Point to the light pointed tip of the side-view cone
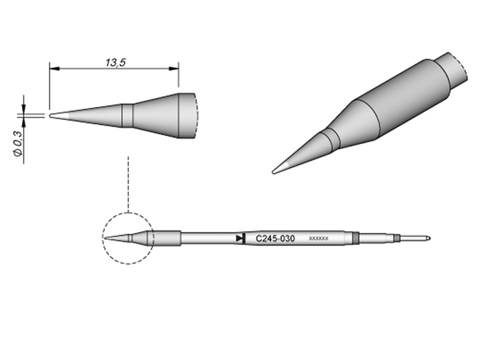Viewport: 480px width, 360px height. (x=56, y=115)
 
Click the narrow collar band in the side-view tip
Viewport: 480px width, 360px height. (x=127, y=115)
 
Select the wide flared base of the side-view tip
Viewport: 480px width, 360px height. (x=185, y=115)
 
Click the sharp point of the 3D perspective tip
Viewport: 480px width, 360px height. (x=274, y=171)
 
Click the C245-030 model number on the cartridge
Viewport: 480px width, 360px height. (x=275, y=239)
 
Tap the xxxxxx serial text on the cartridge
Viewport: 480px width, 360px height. (x=319, y=239)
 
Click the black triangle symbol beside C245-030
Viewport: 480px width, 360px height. (x=239, y=238)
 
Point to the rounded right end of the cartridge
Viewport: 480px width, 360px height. (x=427, y=239)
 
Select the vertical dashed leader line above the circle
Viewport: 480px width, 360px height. (x=128, y=182)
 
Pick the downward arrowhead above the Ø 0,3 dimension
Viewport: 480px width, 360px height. (x=25, y=109)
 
